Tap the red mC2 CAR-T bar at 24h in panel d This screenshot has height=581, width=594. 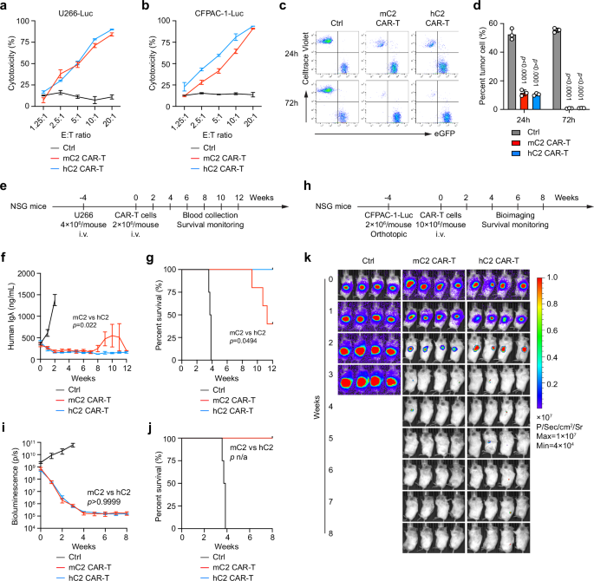click(524, 101)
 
